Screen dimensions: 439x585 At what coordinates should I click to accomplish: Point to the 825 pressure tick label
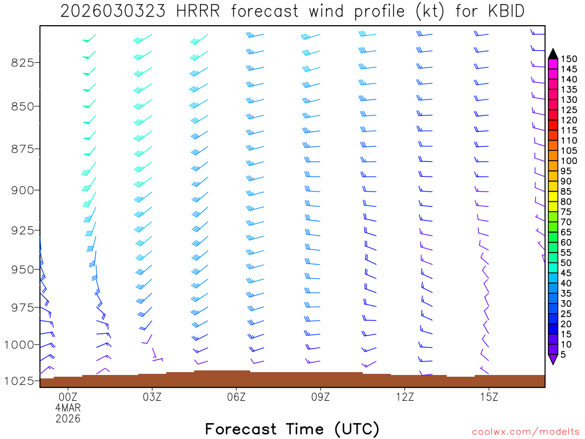pyautogui.click(x=23, y=62)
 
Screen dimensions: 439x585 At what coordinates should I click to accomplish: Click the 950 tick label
pyautogui.click(x=23, y=269)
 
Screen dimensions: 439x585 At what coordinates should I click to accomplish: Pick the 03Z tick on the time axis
pyautogui.click(x=152, y=396)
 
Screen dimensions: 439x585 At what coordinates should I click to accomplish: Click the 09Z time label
pyautogui.click(x=320, y=396)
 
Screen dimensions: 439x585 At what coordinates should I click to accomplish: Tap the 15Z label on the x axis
pyautogui.click(x=489, y=396)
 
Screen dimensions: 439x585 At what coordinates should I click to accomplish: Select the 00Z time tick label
pyautogui.click(x=68, y=396)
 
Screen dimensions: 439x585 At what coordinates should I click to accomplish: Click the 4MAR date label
pyautogui.click(x=68, y=408)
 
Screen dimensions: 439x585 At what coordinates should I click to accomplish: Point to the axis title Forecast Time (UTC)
pyautogui.click(x=292, y=429)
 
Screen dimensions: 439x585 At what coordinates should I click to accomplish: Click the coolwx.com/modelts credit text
pyautogui.click(x=526, y=432)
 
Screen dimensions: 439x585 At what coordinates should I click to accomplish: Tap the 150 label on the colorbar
pyautogui.click(x=569, y=59)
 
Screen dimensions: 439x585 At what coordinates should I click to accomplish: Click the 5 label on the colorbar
pyautogui.click(x=564, y=355)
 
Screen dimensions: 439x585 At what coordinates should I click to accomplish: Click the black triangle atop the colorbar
pyautogui.click(x=553, y=54)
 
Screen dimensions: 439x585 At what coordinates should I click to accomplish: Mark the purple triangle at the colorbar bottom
pyautogui.click(x=553, y=360)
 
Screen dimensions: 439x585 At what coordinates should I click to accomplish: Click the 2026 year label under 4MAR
pyautogui.click(x=68, y=419)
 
